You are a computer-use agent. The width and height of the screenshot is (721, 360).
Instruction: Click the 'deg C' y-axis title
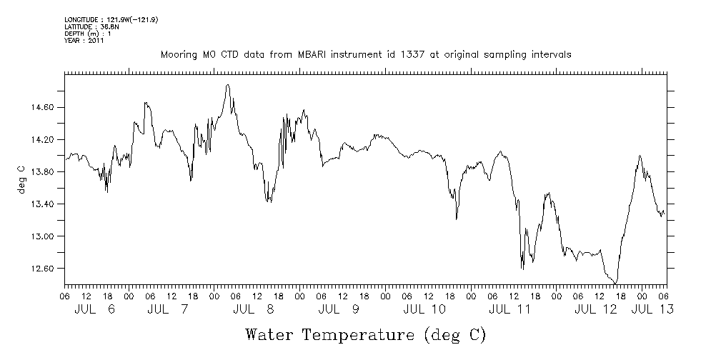[x=21, y=179]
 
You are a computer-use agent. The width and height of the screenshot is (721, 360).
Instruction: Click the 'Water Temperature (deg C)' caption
[x=365, y=334]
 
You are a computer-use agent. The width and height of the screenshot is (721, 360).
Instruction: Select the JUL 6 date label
[x=94, y=309]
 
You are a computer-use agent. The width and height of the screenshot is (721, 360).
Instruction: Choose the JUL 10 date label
[x=424, y=309]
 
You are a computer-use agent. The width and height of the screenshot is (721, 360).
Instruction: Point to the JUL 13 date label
[x=652, y=309]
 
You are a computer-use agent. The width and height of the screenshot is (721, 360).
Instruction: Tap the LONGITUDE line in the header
[x=111, y=19]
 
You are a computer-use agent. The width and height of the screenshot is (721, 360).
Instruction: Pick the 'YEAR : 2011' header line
[x=84, y=41]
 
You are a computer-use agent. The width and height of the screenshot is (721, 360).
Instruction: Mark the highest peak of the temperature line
[x=227, y=84]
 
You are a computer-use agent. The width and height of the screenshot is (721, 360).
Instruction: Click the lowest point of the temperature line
[x=615, y=284]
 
